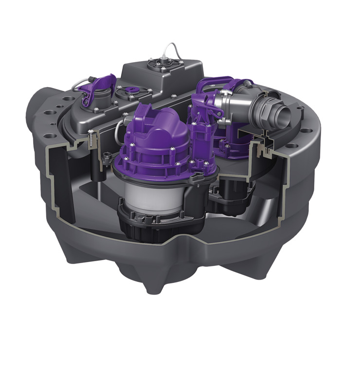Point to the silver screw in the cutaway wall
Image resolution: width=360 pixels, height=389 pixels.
pyautogui.click(x=91, y=136)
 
